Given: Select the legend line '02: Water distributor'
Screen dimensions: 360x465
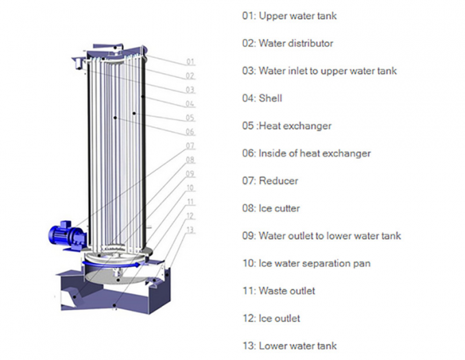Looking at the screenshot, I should [287, 43].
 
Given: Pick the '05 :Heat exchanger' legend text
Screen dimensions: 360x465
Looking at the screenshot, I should [287, 126].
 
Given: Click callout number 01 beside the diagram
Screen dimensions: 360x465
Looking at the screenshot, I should [190, 62].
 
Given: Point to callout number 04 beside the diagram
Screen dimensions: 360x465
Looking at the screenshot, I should [190, 104].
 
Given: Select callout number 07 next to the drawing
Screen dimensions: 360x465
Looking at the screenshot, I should [190, 146].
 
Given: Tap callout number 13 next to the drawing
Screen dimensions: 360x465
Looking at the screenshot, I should [190, 230].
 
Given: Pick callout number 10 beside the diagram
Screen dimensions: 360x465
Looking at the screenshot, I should [190, 187].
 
